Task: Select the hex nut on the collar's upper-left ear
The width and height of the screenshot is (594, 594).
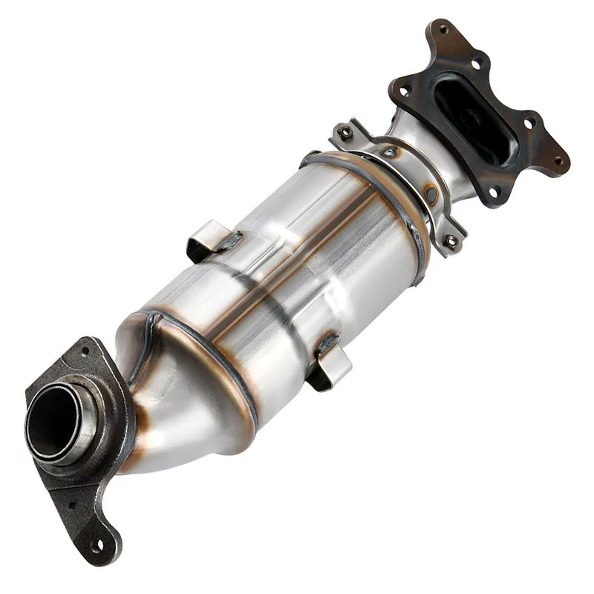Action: (345, 131)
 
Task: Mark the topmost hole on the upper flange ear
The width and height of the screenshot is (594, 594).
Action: (443, 30)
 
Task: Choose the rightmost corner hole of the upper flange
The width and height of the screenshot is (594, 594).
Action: (558, 159)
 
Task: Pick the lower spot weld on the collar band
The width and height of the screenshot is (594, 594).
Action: (431, 195)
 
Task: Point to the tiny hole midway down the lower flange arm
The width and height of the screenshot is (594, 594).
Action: (73, 505)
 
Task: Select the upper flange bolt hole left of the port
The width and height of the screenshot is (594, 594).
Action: (404, 93)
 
